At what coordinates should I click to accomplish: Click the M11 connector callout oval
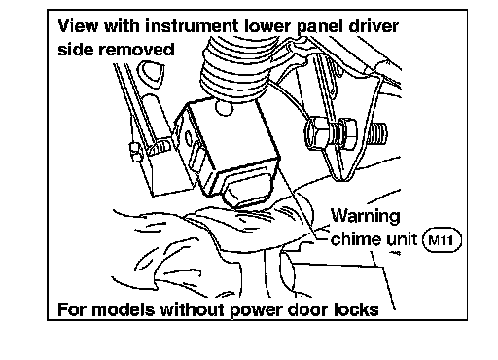[x=443, y=240]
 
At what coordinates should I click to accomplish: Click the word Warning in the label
[x=366, y=216]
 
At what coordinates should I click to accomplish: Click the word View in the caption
[x=78, y=26]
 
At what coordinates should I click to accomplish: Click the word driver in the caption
[x=373, y=26]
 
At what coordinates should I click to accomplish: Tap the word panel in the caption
[x=320, y=27]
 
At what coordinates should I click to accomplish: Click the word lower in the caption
[x=268, y=26]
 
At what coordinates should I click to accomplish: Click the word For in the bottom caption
[x=72, y=309]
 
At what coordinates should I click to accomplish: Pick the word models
[x=124, y=309]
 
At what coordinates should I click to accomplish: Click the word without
[x=193, y=309]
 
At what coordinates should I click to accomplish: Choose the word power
[x=256, y=310]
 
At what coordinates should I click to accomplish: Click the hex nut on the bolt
[x=347, y=134]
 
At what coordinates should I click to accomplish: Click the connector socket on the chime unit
[x=247, y=188]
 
